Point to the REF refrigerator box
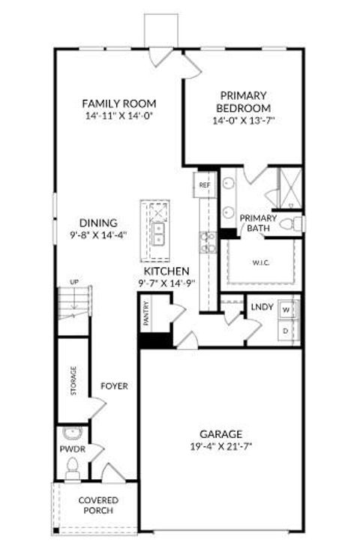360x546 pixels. click(x=203, y=184)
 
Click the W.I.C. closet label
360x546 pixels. click(x=261, y=262)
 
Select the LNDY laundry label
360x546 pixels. click(x=261, y=306)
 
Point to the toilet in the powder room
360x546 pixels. click(x=73, y=469)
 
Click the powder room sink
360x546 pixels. click(x=73, y=435)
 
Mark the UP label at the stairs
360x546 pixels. click(x=74, y=281)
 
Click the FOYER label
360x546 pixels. click(x=114, y=386)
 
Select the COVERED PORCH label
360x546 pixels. click(x=98, y=506)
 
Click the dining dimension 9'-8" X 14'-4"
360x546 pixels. click(x=98, y=234)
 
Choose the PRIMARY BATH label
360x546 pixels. click(x=258, y=223)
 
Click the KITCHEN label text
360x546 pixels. click(x=166, y=271)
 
